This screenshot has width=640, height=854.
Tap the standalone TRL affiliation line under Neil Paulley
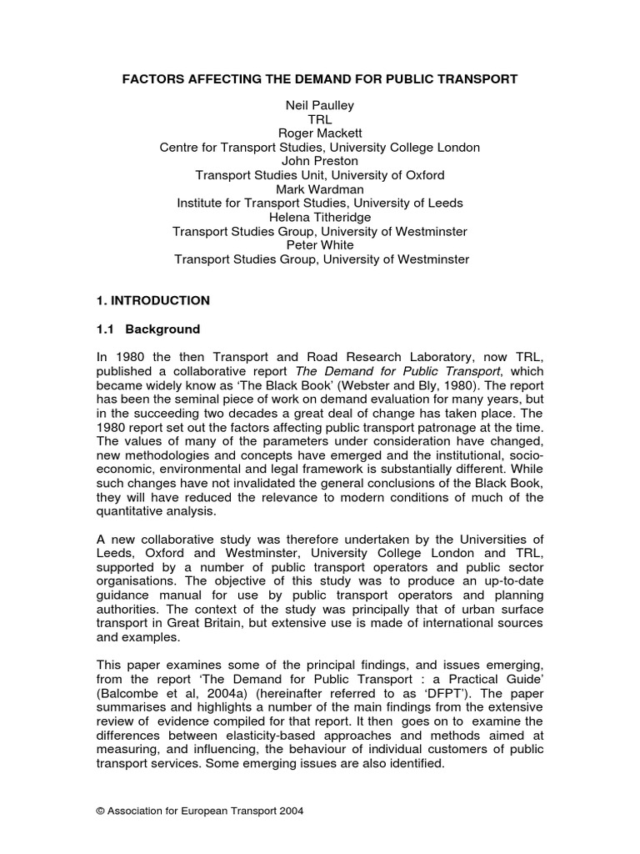[x=321, y=119]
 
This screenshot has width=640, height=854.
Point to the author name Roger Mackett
[x=321, y=133]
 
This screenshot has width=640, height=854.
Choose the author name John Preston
[x=321, y=161]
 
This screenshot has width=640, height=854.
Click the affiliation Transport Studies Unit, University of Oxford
[x=321, y=175]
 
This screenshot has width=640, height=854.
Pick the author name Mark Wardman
[x=321, y=189]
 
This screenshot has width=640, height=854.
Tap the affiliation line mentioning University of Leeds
[x=321, y=203]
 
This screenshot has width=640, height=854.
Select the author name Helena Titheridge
[x=321, y=217]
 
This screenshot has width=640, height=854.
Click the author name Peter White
[x=321, y=245]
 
